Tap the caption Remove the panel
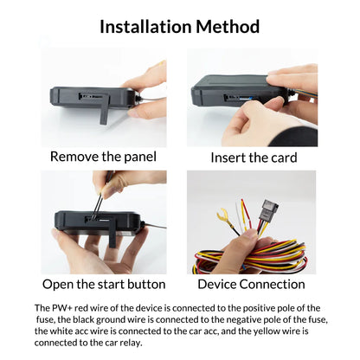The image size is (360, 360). tap(103, 157)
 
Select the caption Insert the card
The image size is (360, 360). tap(254, 157)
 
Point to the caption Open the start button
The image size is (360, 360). tap(103, 284)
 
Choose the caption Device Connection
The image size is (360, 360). tap(251, 284)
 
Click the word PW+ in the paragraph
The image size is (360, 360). tap(66, 308)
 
